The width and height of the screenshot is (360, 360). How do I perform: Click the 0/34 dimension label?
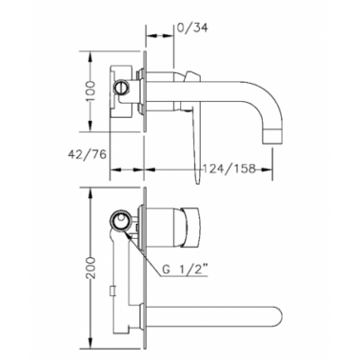pos(192,28)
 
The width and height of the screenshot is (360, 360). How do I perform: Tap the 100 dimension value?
pos(90,90)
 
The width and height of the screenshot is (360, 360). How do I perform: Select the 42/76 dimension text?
pos(87,154)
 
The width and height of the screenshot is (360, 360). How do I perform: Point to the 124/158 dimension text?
pos(229,168)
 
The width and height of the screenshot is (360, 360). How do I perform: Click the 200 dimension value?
pos(91,268)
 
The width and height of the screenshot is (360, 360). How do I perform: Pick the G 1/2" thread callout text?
pos(186,270)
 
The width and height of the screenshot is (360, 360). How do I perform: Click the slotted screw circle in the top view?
pos(121,87)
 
